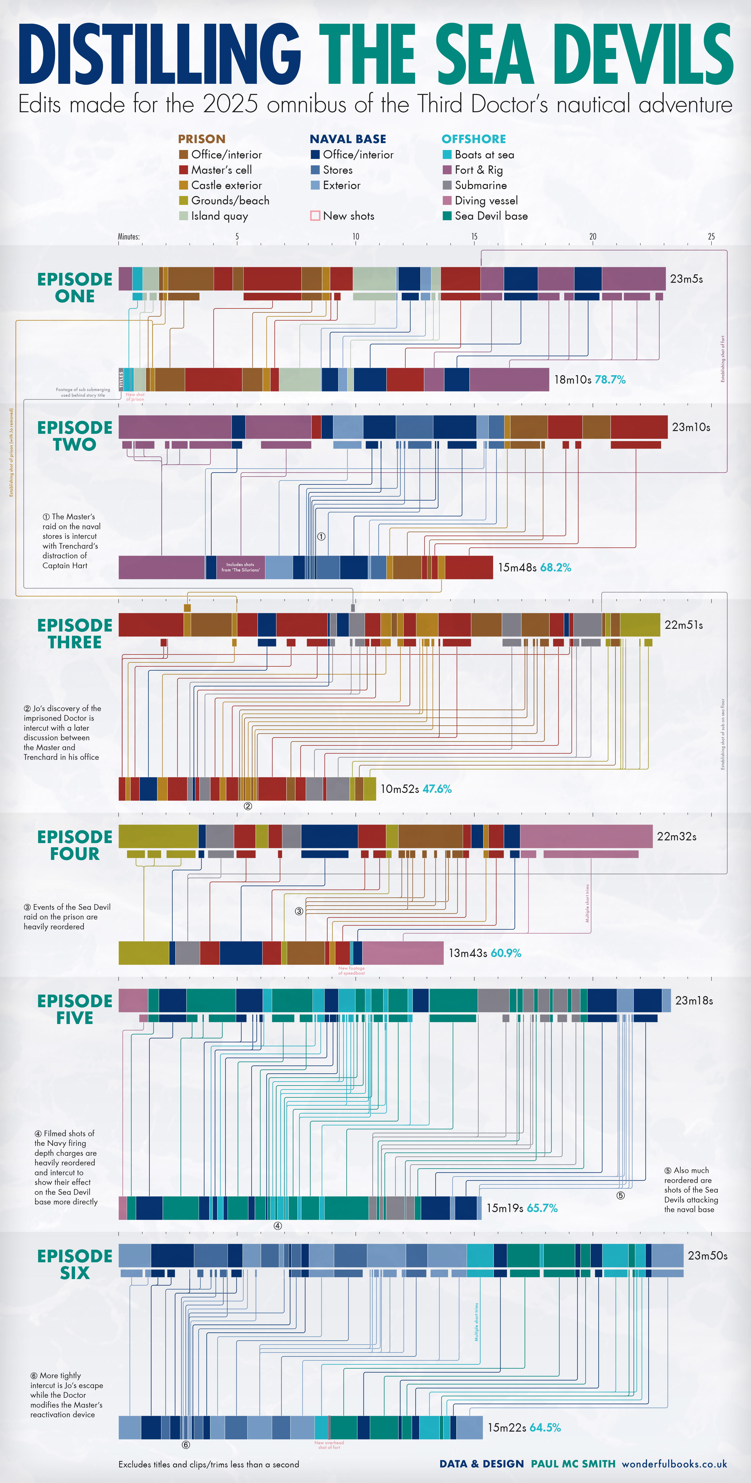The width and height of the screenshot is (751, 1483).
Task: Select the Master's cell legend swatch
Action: tap(184, 170)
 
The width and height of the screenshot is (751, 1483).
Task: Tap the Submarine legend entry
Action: tap(480, 185)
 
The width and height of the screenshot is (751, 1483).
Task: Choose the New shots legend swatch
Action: tap(315, 216)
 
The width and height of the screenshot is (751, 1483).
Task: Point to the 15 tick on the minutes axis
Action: tap(474, 237)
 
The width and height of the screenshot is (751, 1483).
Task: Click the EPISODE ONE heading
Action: tap(75, 287)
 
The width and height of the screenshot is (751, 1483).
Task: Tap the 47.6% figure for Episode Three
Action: tap(437, 789)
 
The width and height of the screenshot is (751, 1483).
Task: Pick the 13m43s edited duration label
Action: tap(468, 953)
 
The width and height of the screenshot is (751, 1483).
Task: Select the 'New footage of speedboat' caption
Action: tap(351, 970)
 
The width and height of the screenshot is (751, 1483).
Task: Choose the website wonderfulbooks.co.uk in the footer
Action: tap(674, 1463)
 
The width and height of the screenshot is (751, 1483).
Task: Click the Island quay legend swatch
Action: tap(184, 216)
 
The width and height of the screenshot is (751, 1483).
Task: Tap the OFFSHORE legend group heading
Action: tap(474, 139)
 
